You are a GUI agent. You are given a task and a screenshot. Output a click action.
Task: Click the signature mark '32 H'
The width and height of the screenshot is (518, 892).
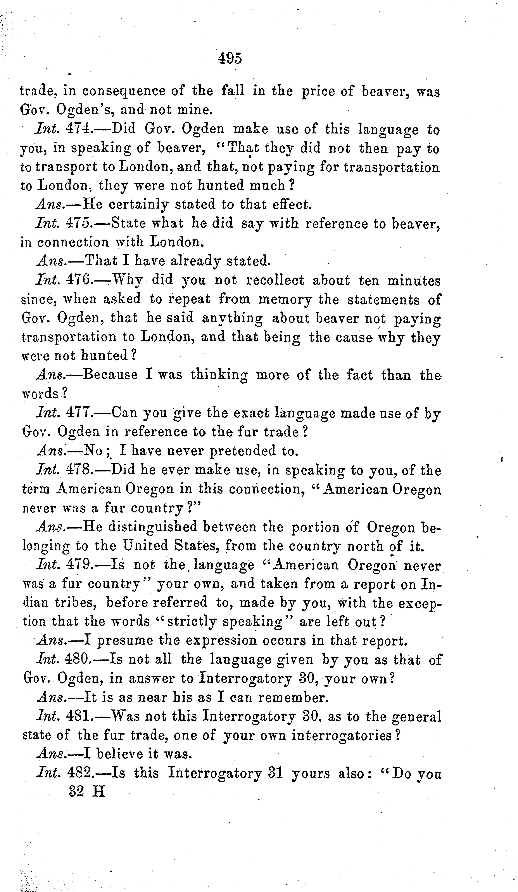click(x=87, y=791)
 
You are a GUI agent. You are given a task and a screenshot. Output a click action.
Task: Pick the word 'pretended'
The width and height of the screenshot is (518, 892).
click(x=242, y=451)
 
